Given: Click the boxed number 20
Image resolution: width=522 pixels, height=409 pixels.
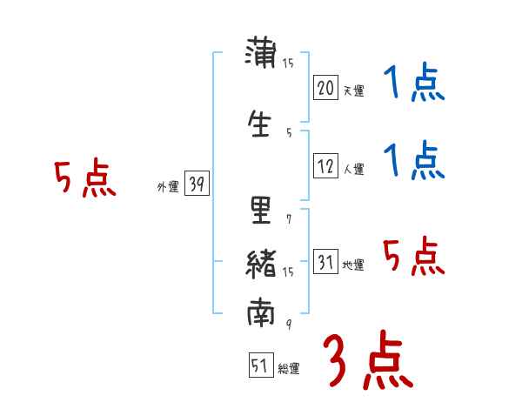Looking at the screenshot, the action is click(x=325, y=87).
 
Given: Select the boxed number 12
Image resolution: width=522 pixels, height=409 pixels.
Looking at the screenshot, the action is click(x=325, y=165).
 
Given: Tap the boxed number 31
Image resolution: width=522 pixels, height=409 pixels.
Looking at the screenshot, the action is click(x=325, y=262).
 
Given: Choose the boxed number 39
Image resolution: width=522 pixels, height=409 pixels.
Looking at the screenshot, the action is click(x=197, y=184).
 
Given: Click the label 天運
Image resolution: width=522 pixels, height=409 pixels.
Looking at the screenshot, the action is click(x=353, y=91).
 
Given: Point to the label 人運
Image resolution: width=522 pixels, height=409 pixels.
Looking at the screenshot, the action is click(x=353, y=169).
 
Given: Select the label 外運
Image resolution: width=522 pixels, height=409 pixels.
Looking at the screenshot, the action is click(x=168, y=186).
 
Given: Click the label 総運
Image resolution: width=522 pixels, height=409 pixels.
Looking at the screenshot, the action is click(x=289, y=369).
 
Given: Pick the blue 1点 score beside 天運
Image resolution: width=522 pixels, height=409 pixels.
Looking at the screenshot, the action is click(x=413, y=84).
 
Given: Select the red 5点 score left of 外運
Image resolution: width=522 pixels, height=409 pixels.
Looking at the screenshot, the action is click(x=84, y=179).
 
